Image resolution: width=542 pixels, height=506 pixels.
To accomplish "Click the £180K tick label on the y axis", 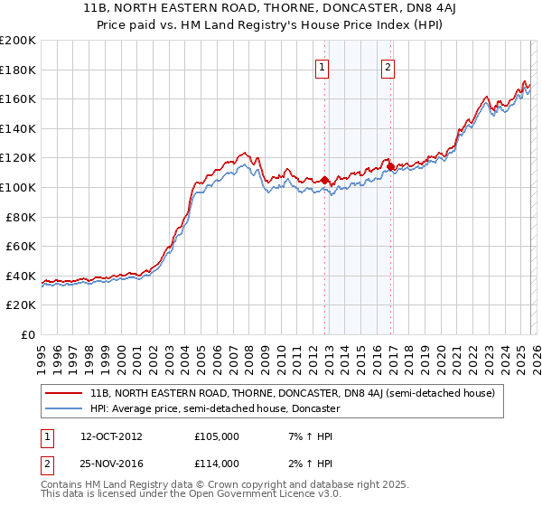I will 18,70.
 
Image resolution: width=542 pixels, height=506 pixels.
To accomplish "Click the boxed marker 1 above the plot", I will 322,66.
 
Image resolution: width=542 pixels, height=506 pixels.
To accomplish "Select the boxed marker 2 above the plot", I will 388,66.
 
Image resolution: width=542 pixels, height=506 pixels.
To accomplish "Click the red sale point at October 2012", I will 324,180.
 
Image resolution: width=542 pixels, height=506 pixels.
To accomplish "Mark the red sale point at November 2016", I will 389,166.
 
